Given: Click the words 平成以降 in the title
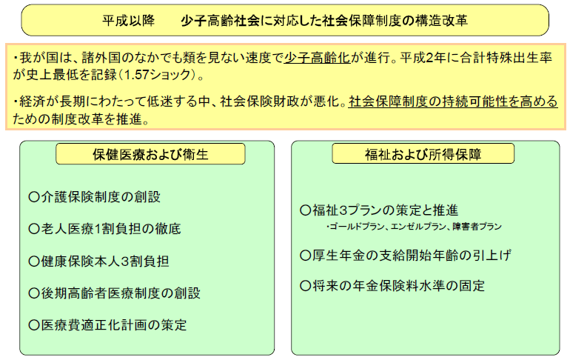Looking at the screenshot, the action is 128,21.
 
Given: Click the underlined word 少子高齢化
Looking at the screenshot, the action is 317,58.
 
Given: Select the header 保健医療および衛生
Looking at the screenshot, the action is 150,154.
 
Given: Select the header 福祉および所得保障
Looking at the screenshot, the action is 423,154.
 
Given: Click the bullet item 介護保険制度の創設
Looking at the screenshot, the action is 95,197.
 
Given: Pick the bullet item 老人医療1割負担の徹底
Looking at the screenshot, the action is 104,229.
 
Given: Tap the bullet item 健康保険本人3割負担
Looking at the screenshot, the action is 98,261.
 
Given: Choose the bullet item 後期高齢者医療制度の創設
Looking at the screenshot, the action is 115,293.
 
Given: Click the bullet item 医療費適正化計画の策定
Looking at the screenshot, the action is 107,324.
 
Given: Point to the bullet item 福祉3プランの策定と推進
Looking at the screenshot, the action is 379,210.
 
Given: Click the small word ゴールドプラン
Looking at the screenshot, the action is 357,227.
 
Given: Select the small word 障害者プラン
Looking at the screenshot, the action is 477,227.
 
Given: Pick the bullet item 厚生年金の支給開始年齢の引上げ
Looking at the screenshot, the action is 406,256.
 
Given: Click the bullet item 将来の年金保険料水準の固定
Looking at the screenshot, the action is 392,285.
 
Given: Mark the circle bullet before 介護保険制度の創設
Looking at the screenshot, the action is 34,197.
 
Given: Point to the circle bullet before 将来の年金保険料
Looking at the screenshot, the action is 305,286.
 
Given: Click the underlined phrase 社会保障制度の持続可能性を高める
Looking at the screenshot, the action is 453,101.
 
